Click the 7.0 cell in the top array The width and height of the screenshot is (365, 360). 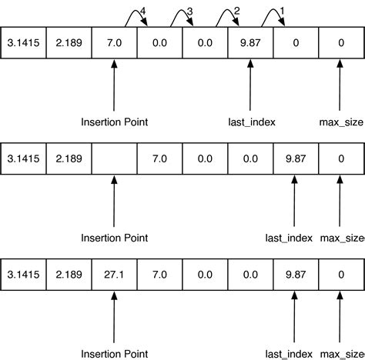coord(114,44)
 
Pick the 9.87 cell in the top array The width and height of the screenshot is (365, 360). coord(250,44)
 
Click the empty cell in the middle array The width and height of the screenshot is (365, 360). coord(114,158)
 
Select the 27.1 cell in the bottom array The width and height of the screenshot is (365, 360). coord(114,274)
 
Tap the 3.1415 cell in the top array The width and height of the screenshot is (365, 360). coord(23,44)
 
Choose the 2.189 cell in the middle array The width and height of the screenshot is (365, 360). coord(69,158)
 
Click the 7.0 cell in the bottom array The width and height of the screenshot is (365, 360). coord(159,274)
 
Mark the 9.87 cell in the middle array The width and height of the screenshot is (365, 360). coord(296,158)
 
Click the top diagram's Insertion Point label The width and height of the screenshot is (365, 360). coord(114,122)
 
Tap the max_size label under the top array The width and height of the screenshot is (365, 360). coord(341,122)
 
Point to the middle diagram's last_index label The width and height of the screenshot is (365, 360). coord(288,238)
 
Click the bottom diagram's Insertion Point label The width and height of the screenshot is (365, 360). coord(114,352)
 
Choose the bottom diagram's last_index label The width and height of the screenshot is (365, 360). coord(288,352)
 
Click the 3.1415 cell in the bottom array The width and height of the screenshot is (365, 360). coord(23,274)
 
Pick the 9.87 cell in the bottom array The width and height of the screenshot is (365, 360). coord(296,274)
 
